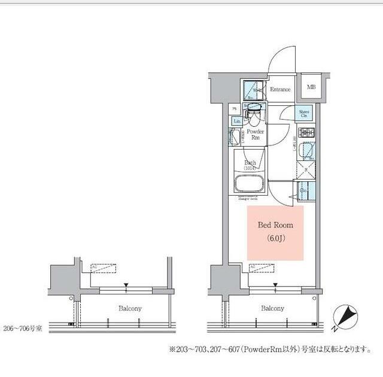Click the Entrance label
[x=279, y=90]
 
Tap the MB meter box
[x=311, y=87]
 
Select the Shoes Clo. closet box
[x=304, y=113]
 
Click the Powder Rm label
[x=256, y=134]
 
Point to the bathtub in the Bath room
[x=248, y=183]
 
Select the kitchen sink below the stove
[x=306, y=150]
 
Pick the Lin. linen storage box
[x=237, y=121]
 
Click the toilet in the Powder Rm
[x=255, y=111]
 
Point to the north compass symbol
[x=345, y=316]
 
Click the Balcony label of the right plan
[x=272, y=309]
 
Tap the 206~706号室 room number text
[x=22, y=329]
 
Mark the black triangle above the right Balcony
[x=275, y=285]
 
